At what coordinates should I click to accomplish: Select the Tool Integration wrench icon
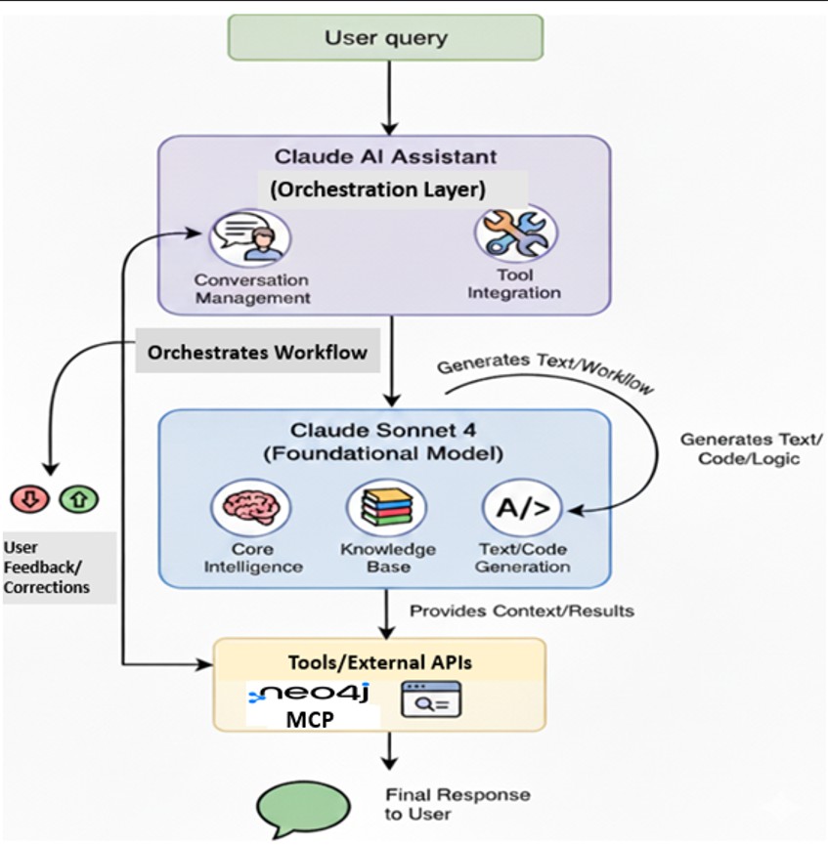[515, 233]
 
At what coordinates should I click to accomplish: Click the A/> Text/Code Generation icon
[521, 508]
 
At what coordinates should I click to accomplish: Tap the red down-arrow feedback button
[29, 499]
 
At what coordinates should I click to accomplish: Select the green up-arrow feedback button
[78, 499]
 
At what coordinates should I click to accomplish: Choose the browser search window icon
[430, 699]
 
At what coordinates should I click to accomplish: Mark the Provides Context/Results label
[521, 612]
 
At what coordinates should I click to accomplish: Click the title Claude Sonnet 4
[385, 430]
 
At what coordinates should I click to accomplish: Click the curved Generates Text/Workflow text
[545, 372]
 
